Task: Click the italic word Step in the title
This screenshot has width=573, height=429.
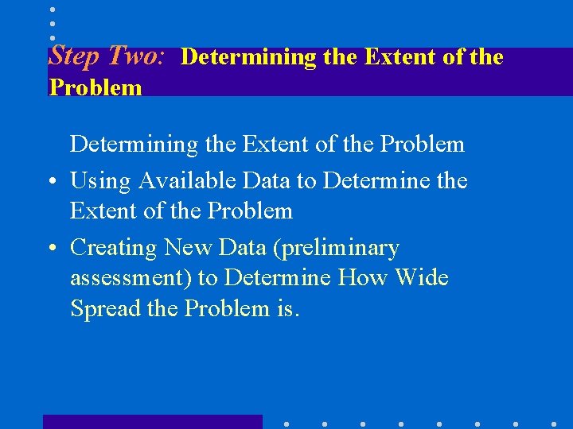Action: click(76, 56)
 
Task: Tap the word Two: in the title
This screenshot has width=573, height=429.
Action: click(136, 56)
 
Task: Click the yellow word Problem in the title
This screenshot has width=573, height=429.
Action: click(95, 87)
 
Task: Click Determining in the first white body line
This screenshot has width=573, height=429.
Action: click(133, 145)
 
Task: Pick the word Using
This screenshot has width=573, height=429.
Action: click(100, 181)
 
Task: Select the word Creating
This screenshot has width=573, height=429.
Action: click(114, 248)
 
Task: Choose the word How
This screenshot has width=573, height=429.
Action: click(360, 278)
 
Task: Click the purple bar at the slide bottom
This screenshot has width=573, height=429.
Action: click(152, 422)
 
